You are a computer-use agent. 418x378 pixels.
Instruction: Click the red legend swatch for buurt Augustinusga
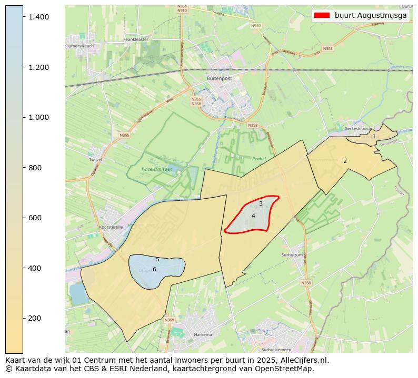(x=321, y=15)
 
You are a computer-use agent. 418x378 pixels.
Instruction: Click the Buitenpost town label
(x=220, y=78)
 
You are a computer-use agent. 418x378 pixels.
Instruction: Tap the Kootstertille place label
(x=111, y=227)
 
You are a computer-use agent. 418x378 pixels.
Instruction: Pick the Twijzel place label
(x=95, y=159)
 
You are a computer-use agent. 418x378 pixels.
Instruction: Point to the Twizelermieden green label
(x=156, y=169)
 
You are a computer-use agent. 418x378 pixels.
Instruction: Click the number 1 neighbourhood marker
(x=374, y=137)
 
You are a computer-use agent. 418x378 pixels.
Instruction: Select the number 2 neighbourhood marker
(x=345, y=161)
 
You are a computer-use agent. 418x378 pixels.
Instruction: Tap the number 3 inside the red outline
(x=261, y=203)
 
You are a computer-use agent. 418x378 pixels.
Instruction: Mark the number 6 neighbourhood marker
(x=154, y=269)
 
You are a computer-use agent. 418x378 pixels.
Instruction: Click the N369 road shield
(x=169, y=320)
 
